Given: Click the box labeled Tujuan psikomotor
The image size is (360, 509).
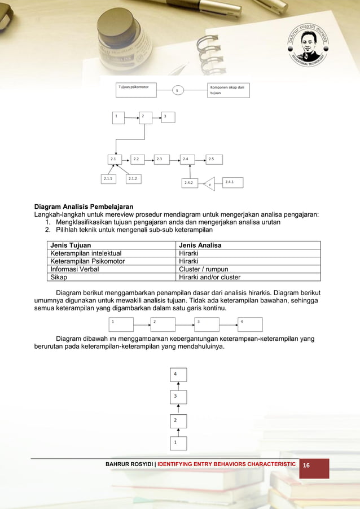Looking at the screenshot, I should pos(136,90).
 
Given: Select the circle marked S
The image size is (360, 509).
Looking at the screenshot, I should pos(177,90).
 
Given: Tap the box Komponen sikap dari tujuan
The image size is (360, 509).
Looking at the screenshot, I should pos(228,90).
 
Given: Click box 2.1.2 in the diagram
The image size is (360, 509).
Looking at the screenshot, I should pos(134,179).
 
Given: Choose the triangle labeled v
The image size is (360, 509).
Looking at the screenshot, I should pos(209,184).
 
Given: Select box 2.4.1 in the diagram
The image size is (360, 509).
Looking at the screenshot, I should pos(232,182).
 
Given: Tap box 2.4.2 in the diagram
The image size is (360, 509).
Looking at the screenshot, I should pos(189,183).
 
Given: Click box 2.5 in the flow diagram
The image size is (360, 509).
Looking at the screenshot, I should pos(214,160).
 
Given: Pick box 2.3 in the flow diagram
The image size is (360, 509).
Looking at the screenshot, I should pos(163,160).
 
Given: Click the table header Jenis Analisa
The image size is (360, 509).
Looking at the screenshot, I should pos(200,245).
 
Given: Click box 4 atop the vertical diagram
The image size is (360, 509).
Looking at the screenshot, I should pos(178,375).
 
